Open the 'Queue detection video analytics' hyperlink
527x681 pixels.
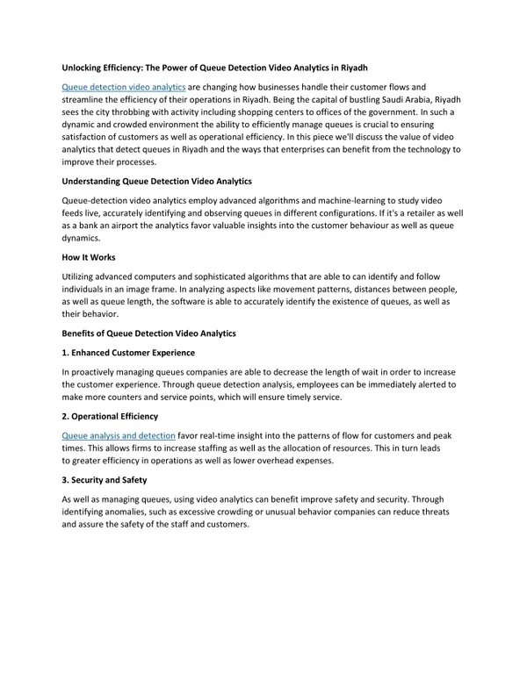point(123,87)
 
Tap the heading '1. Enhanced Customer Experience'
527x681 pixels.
point(128,353)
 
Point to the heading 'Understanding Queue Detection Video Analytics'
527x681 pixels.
point(156,182)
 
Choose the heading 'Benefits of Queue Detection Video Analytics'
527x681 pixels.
point(148,333)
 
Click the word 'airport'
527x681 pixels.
point(125,226)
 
